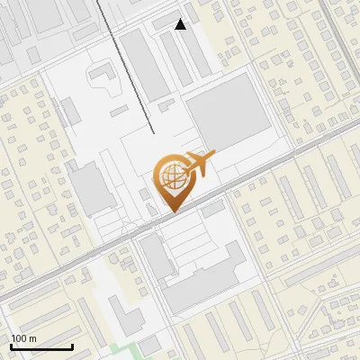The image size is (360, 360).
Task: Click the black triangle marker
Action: click(x=181, y=24)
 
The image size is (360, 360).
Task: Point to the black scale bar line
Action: click(x=41, y=346)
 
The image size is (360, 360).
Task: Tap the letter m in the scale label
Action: click(x=32, y=338)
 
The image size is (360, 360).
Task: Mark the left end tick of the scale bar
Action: click(x=11, y=345)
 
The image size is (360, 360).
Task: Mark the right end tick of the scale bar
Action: click(x=72, y=345)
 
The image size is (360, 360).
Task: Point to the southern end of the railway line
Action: click(x=149, y=130)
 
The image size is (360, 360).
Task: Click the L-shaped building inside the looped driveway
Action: click(x=100, y=72)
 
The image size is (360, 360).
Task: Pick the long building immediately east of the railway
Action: click(x=144, y=63)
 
